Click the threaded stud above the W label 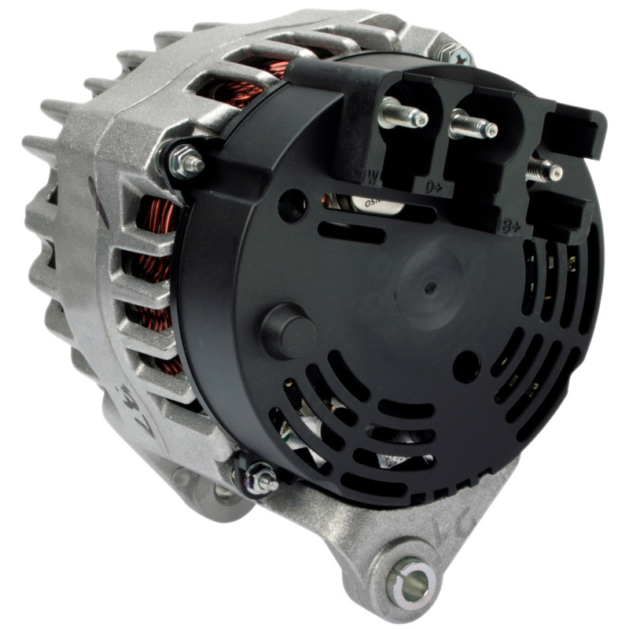pos(403,116)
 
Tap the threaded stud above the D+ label pos(473,126)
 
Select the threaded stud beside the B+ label pos(545,169)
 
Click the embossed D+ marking pos(435,188)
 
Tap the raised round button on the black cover pos(287,330)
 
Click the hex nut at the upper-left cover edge pos(186,161)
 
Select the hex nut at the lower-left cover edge pos(259,477)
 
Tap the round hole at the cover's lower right pos(466,366)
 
